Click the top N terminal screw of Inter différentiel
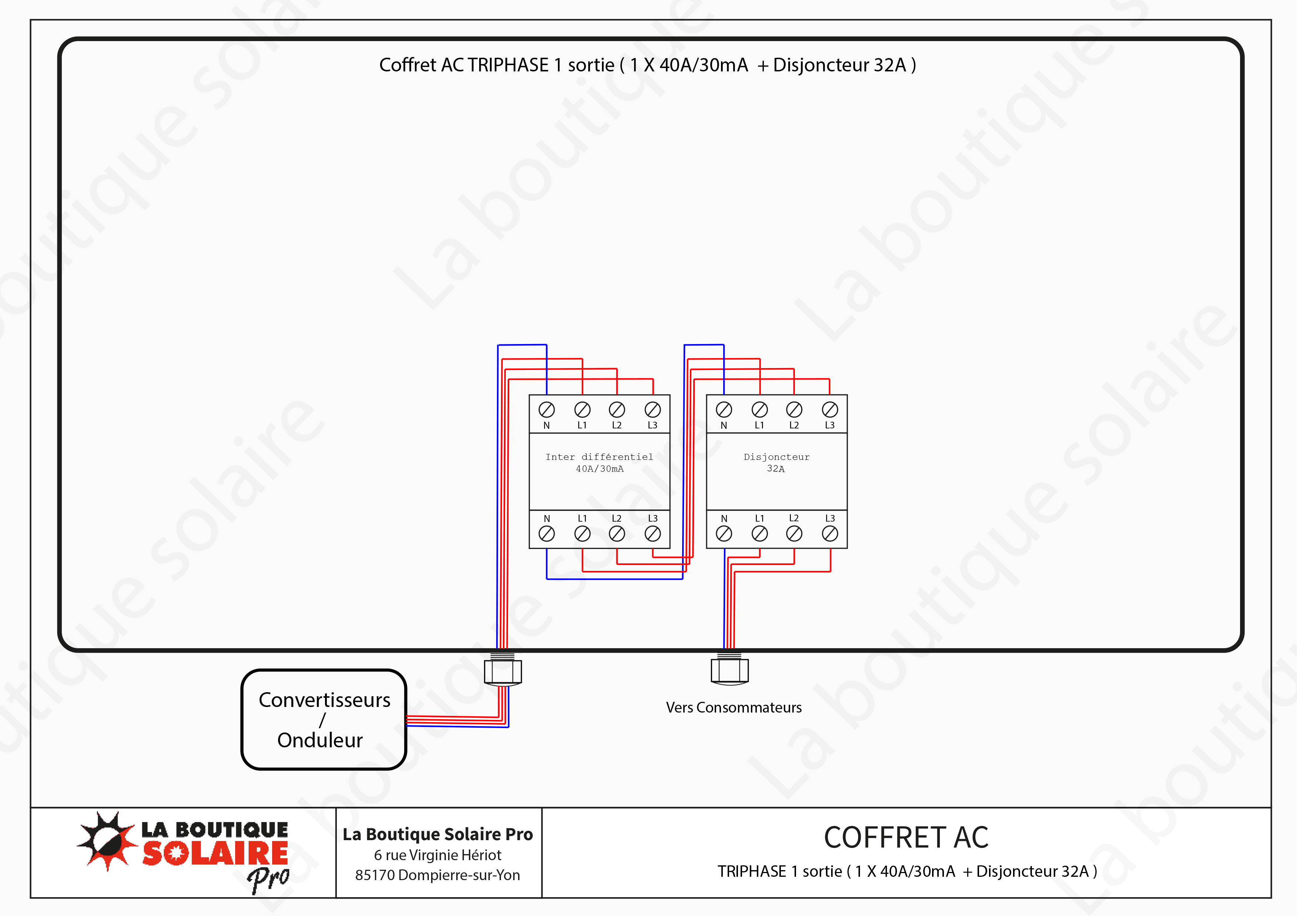click(x=546, y=409)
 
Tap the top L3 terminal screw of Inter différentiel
click(x=653, y=409)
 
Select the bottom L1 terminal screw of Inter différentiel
click(x=582, y=533)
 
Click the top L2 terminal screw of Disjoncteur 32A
click(x=794, y=409)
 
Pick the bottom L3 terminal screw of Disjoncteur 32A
click(x=830, y=533)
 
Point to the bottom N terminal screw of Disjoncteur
click(x=724, y=533)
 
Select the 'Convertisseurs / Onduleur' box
click(x=324, y=719)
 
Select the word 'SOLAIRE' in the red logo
click(x=215, y=853)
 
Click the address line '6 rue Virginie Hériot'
click(x=438, y=855)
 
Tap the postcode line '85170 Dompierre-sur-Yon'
click(x=438, y=875)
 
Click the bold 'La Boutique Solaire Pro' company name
click(x=438, y=834)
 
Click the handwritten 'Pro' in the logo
click(x=268, y=878)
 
